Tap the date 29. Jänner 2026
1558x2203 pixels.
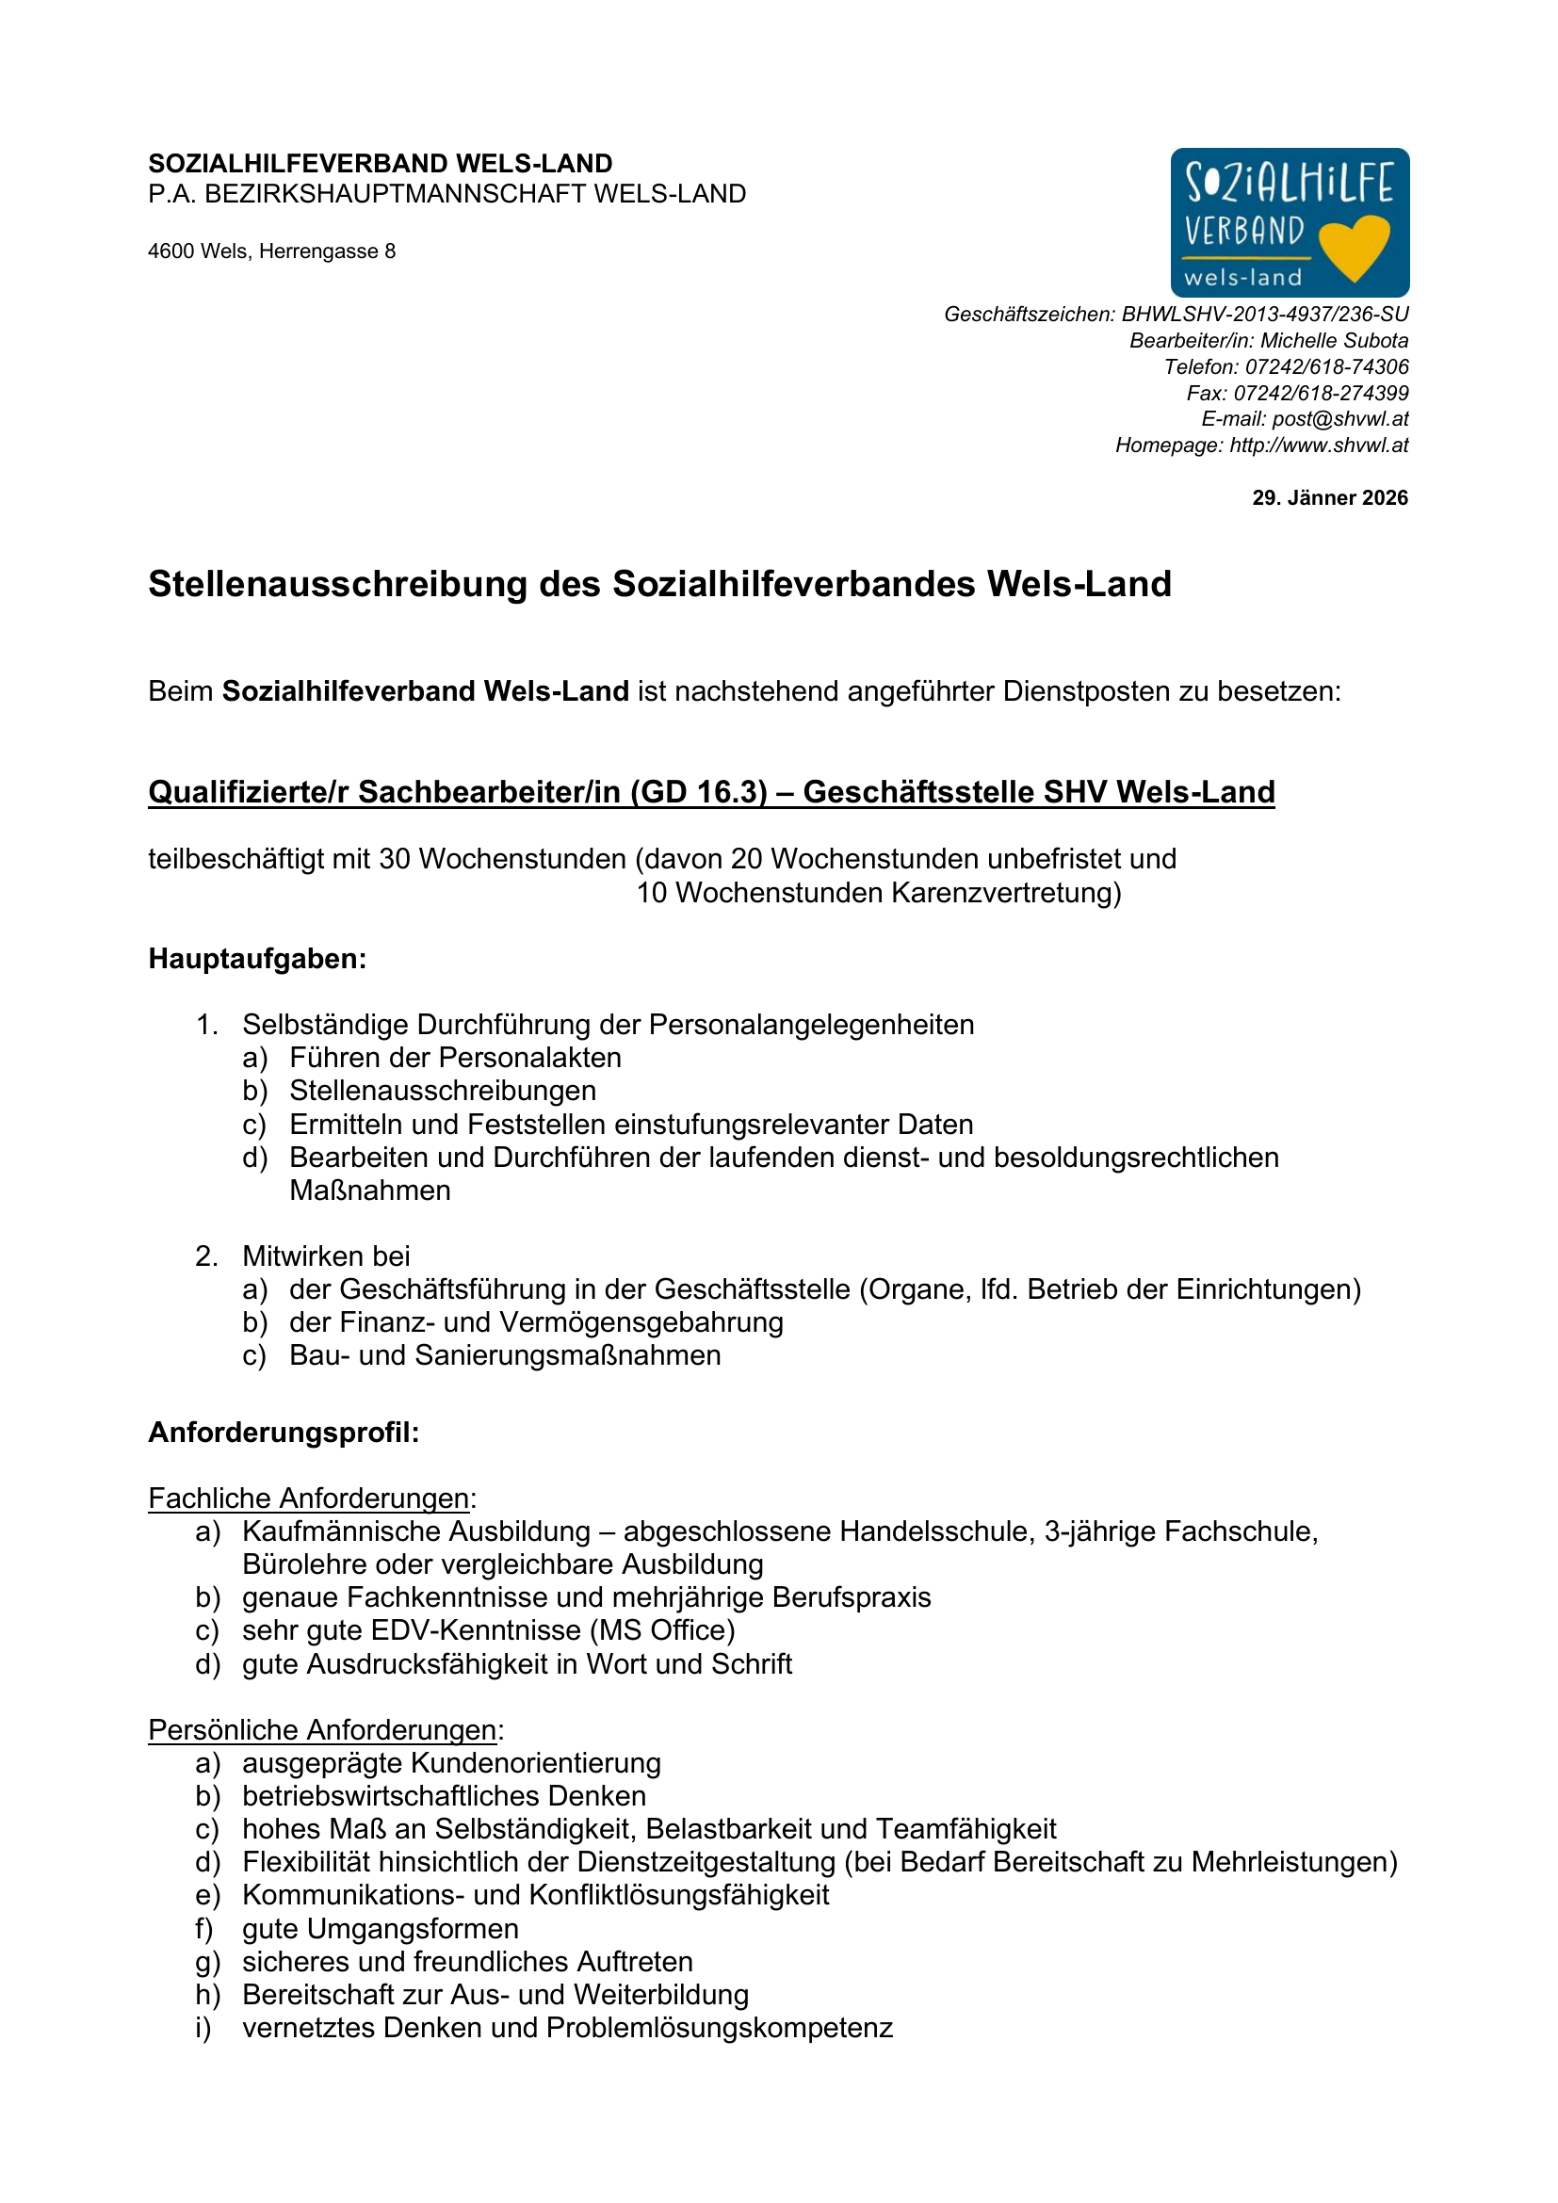click(1330, 498)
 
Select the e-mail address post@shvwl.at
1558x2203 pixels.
click(1340, 419)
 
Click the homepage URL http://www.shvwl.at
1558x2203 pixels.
click(1319, 445)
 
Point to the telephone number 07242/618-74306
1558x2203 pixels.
click(1327, 366)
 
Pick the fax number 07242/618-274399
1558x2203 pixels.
click(1321, 394)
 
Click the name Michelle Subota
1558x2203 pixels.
click(1335, 341)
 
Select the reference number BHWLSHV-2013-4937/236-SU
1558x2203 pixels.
click(1265, 315)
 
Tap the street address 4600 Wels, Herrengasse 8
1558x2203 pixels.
click(271, 251)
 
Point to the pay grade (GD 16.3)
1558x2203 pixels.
click(699, 792)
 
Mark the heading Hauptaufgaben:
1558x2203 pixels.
click(257, 959)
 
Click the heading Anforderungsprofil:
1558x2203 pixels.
click(284, 1433)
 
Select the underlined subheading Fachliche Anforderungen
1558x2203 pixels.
click(309, 1498)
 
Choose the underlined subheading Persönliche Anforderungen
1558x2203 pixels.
click(322, 1729)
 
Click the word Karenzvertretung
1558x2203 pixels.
click(1006, 893)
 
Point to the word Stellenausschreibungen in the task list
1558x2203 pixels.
click(443, 1091)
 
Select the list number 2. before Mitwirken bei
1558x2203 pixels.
click(206, 1256)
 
